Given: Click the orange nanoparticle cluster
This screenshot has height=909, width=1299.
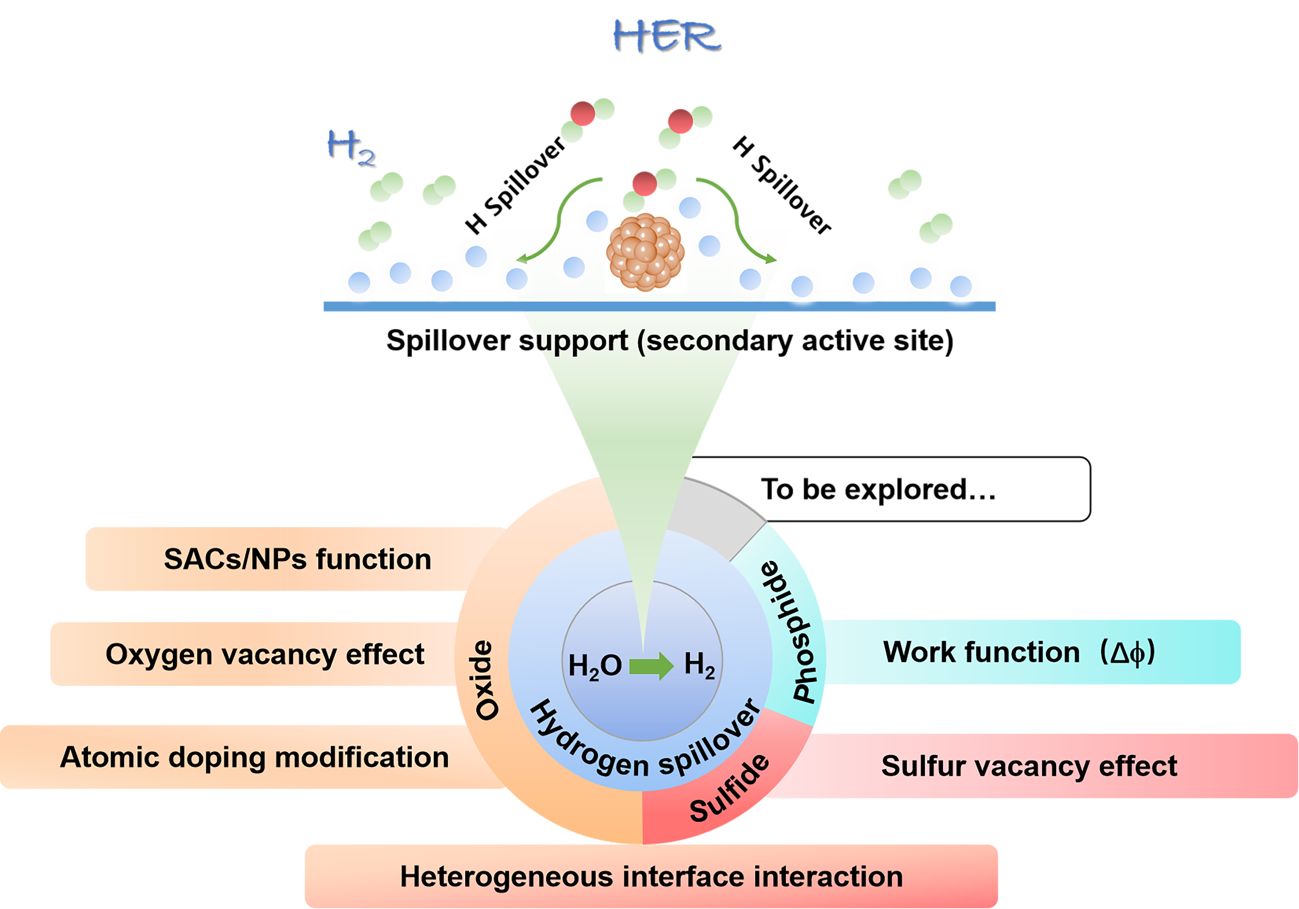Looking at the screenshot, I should (x=645, y=252).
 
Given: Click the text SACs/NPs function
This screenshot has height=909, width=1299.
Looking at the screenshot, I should (x=297, y=559).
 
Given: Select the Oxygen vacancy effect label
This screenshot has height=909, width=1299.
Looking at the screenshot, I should (x=265, y=654).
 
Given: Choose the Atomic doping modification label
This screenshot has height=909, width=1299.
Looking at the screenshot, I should (x=255, y=757).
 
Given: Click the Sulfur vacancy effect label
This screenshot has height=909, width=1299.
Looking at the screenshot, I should (x=1029, y=766).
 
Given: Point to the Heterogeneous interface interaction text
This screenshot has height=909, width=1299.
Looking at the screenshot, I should (x=651, y=877).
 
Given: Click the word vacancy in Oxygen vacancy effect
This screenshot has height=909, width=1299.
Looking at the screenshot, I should (x=279, y=654).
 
